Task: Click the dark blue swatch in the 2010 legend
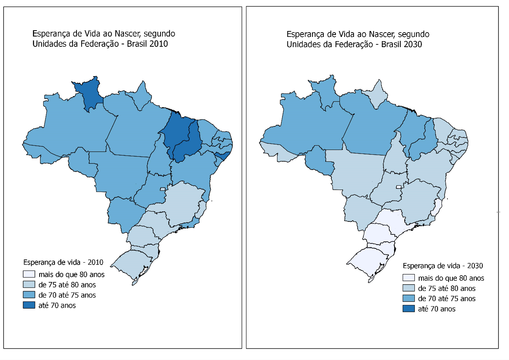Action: pos(29,305)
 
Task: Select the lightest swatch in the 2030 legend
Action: pos(409,278)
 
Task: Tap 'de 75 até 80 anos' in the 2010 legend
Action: pos(67,285)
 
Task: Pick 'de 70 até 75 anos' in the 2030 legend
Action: pos(447,299)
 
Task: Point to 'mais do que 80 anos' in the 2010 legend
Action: pos(71,274)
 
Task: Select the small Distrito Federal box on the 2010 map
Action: pos(162,189)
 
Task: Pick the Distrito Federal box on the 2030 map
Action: pos(399,187)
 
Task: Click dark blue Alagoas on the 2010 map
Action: pos(223,156)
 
